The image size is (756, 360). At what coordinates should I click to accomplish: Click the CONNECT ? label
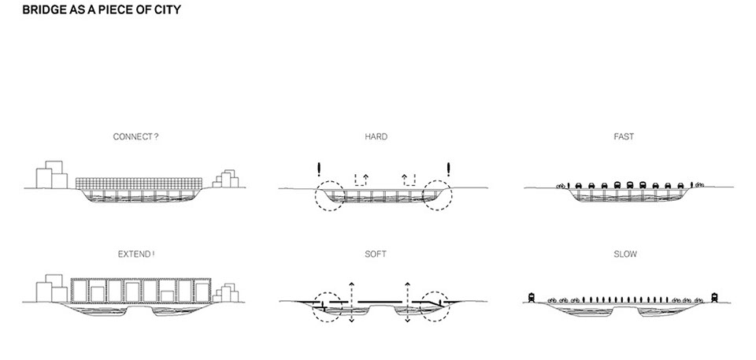(135, 137)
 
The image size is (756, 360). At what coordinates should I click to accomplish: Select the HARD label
(376, 137)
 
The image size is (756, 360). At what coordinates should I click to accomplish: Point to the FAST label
(624, 137)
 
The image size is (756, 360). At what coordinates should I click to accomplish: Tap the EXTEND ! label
(136, 254)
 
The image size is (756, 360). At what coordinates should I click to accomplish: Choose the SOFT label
(376, 254)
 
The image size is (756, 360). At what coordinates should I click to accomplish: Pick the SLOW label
(624, 254)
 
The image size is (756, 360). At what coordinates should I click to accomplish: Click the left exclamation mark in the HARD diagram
(319, 169)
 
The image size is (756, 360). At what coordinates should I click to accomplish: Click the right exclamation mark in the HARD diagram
(448, 169)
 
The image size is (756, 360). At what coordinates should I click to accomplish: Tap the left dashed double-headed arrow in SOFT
(351, 302)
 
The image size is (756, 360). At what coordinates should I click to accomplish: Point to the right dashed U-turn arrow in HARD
(409, 180)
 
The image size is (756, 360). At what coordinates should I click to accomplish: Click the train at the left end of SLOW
(532, 298)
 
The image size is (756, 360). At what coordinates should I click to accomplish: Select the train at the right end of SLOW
(714, 298)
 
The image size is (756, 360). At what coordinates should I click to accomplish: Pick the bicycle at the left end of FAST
(561, 186)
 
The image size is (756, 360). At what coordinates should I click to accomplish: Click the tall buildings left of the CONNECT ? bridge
(52, 175)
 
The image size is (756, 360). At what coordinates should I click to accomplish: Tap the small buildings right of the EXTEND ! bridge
(226, 294)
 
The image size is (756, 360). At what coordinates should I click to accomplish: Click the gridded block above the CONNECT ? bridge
(139, 184)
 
